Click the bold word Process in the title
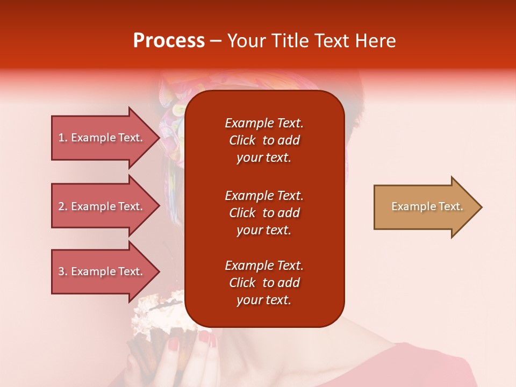click(169, 41)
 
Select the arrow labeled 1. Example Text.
click(102, 138)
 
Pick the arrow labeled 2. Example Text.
click(102, 206)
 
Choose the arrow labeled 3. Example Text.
click(102, 271)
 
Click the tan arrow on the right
click(425, 206)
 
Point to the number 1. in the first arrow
click(63, 138)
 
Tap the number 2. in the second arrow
click(63, 206)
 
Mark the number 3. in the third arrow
click(63, 271)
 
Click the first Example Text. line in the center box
click(264, 123)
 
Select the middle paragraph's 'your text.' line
click(264, 230)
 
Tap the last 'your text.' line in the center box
click(264, 300)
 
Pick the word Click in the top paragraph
click(242, 141)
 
